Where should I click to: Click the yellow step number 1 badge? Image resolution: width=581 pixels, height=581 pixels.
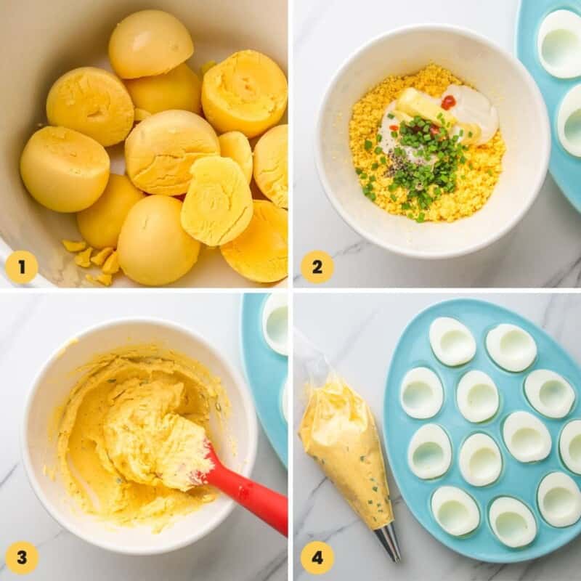point(21,267)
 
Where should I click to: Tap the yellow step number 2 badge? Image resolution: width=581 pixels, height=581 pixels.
point(317,267)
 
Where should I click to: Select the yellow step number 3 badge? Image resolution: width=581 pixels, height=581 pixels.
point(22,557)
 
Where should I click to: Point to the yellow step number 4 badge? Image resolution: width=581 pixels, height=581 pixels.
point(317,557)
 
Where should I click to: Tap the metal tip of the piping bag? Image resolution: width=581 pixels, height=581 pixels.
point(389,541)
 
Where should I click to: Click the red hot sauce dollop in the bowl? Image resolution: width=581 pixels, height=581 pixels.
point(448,102)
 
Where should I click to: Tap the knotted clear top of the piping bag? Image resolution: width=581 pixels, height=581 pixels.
point(309,356)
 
